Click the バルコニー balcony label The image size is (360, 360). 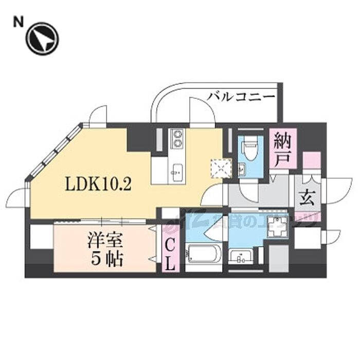coord(242,96)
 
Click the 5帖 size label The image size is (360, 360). coord(107,259)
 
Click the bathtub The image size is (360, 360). coord(203,256)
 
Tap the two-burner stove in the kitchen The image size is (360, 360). coord(177,138)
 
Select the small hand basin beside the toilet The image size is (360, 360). coord(242,168)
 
